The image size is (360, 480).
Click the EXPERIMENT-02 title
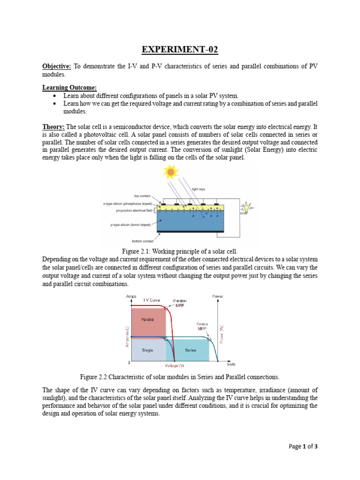click(180, 50)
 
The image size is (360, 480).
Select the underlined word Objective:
click(57, 67)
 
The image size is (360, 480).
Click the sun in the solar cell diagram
click(171, 172)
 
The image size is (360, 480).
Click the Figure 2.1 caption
click(180, 252)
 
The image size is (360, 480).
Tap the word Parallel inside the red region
click(148, 319)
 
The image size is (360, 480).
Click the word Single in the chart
click(148, 350)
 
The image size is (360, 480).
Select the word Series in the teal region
click(191, 350)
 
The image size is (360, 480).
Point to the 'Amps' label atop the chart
click(131, 296)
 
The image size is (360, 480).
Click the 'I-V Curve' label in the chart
click(152, 300)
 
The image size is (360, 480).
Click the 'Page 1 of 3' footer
click(303, 446)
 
